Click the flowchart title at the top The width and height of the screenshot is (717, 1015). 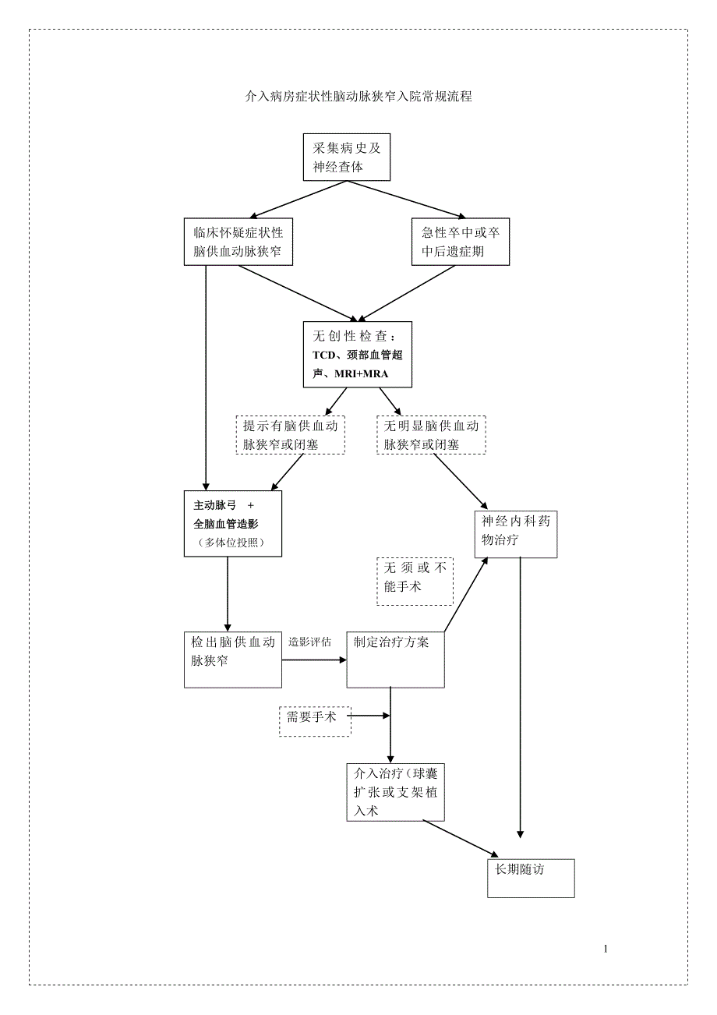(358, 97)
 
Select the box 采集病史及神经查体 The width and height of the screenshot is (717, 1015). (346, 157)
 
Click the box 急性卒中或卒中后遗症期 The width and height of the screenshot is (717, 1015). (460, 242)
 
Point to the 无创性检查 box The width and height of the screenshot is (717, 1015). (357, 355)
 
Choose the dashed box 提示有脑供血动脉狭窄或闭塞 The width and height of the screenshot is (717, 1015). (291, 435)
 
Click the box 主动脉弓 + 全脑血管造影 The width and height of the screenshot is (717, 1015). (232, 523)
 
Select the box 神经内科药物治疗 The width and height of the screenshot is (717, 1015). (516, 534)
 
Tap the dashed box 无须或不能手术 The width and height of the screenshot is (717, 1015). (415, 581)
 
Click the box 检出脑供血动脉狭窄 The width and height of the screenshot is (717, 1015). (232, 660)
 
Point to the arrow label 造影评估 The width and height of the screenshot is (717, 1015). (309, 642)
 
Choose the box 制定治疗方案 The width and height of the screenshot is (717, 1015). (395, 660)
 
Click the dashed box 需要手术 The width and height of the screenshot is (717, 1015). (315, 720)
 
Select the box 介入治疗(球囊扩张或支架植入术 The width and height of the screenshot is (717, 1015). (395, 792)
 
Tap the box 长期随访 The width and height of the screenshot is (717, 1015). (531, 878)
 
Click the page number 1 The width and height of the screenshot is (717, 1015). (606, 949)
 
